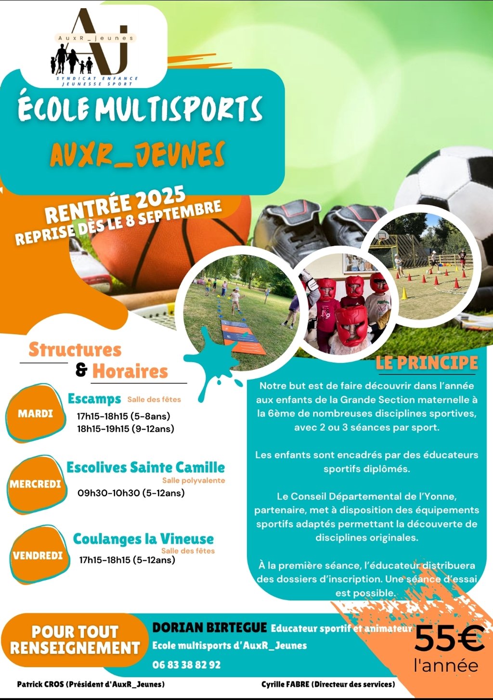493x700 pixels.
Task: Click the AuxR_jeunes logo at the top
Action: pos(94,47)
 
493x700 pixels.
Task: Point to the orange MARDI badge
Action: pos(36,413)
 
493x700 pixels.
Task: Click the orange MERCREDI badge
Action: pos(36,484)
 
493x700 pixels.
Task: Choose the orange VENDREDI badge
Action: pos(38,555)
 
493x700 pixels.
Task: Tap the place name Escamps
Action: pos(94,399)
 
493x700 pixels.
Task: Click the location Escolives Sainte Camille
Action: pos(145,467)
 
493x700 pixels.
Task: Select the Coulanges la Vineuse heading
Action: pos(143,539)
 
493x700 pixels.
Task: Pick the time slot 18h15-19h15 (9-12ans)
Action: pos(126,429)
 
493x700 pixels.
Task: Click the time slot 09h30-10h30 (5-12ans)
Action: pos(131,493)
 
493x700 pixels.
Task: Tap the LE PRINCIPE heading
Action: pos(427,363)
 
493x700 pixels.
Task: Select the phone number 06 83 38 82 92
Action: pos(186,665)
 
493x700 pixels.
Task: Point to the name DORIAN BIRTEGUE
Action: pos(209,627)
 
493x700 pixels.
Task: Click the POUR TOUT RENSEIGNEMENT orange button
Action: pos(75,640)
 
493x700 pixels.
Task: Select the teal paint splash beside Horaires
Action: pos(212,362)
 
